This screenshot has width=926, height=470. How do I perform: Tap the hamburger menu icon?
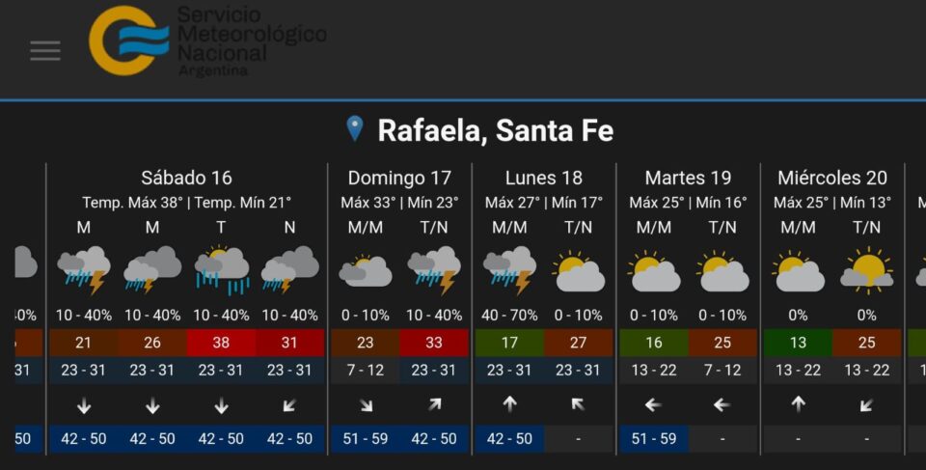[44, 51]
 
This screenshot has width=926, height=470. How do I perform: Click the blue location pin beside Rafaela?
[355, 128]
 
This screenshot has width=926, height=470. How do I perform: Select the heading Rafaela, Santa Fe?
[495, 130]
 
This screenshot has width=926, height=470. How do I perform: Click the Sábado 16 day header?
[186, 178]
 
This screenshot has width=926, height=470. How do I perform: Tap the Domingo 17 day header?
[399, 178]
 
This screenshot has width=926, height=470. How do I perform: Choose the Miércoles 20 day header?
[832, 178]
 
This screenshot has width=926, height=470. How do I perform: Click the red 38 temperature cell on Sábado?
[221, 343]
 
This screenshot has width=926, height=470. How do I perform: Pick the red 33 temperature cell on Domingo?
[434, 343]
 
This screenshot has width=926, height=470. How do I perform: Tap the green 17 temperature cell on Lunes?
[509, 343]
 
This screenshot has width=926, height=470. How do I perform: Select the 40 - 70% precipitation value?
[509, 316]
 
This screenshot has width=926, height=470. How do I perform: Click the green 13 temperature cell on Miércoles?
[798, 343]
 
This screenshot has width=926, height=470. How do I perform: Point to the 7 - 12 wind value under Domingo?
[365, 370]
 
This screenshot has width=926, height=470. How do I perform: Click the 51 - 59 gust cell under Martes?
[654, 438]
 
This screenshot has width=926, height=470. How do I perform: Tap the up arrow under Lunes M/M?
[509, 405]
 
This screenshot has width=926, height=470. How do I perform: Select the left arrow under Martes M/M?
[654, 405]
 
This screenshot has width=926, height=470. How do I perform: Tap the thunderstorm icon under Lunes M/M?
[509, 270]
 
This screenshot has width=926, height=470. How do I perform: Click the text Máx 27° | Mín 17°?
[544, 203]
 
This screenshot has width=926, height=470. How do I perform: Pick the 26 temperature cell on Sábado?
[152, 343]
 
